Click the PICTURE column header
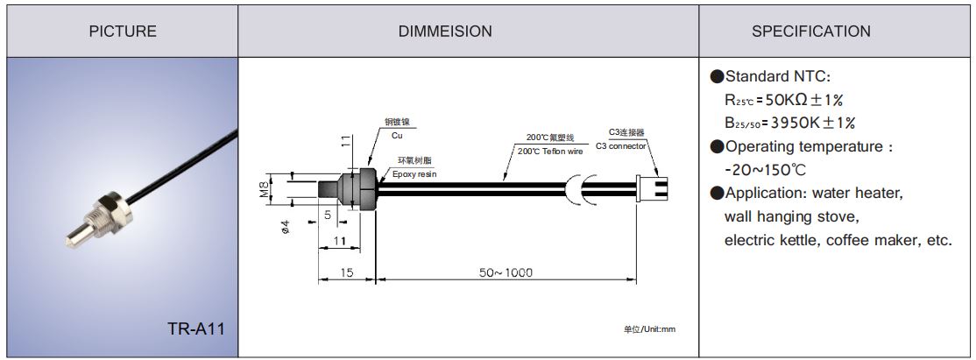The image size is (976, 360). coord(123,32)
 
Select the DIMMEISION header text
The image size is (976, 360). coord(445,32)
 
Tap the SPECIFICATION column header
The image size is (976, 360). coord(811,32)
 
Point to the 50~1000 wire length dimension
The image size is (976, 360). coord(506,273)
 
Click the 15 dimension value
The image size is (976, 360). coord(346,273)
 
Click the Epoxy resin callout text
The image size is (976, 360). coord(414,174)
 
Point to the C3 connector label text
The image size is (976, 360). coord(620,145)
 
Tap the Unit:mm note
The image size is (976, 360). coord(649,329)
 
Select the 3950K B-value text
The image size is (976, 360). coord(811,123)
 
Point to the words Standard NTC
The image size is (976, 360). coord(771,77)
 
